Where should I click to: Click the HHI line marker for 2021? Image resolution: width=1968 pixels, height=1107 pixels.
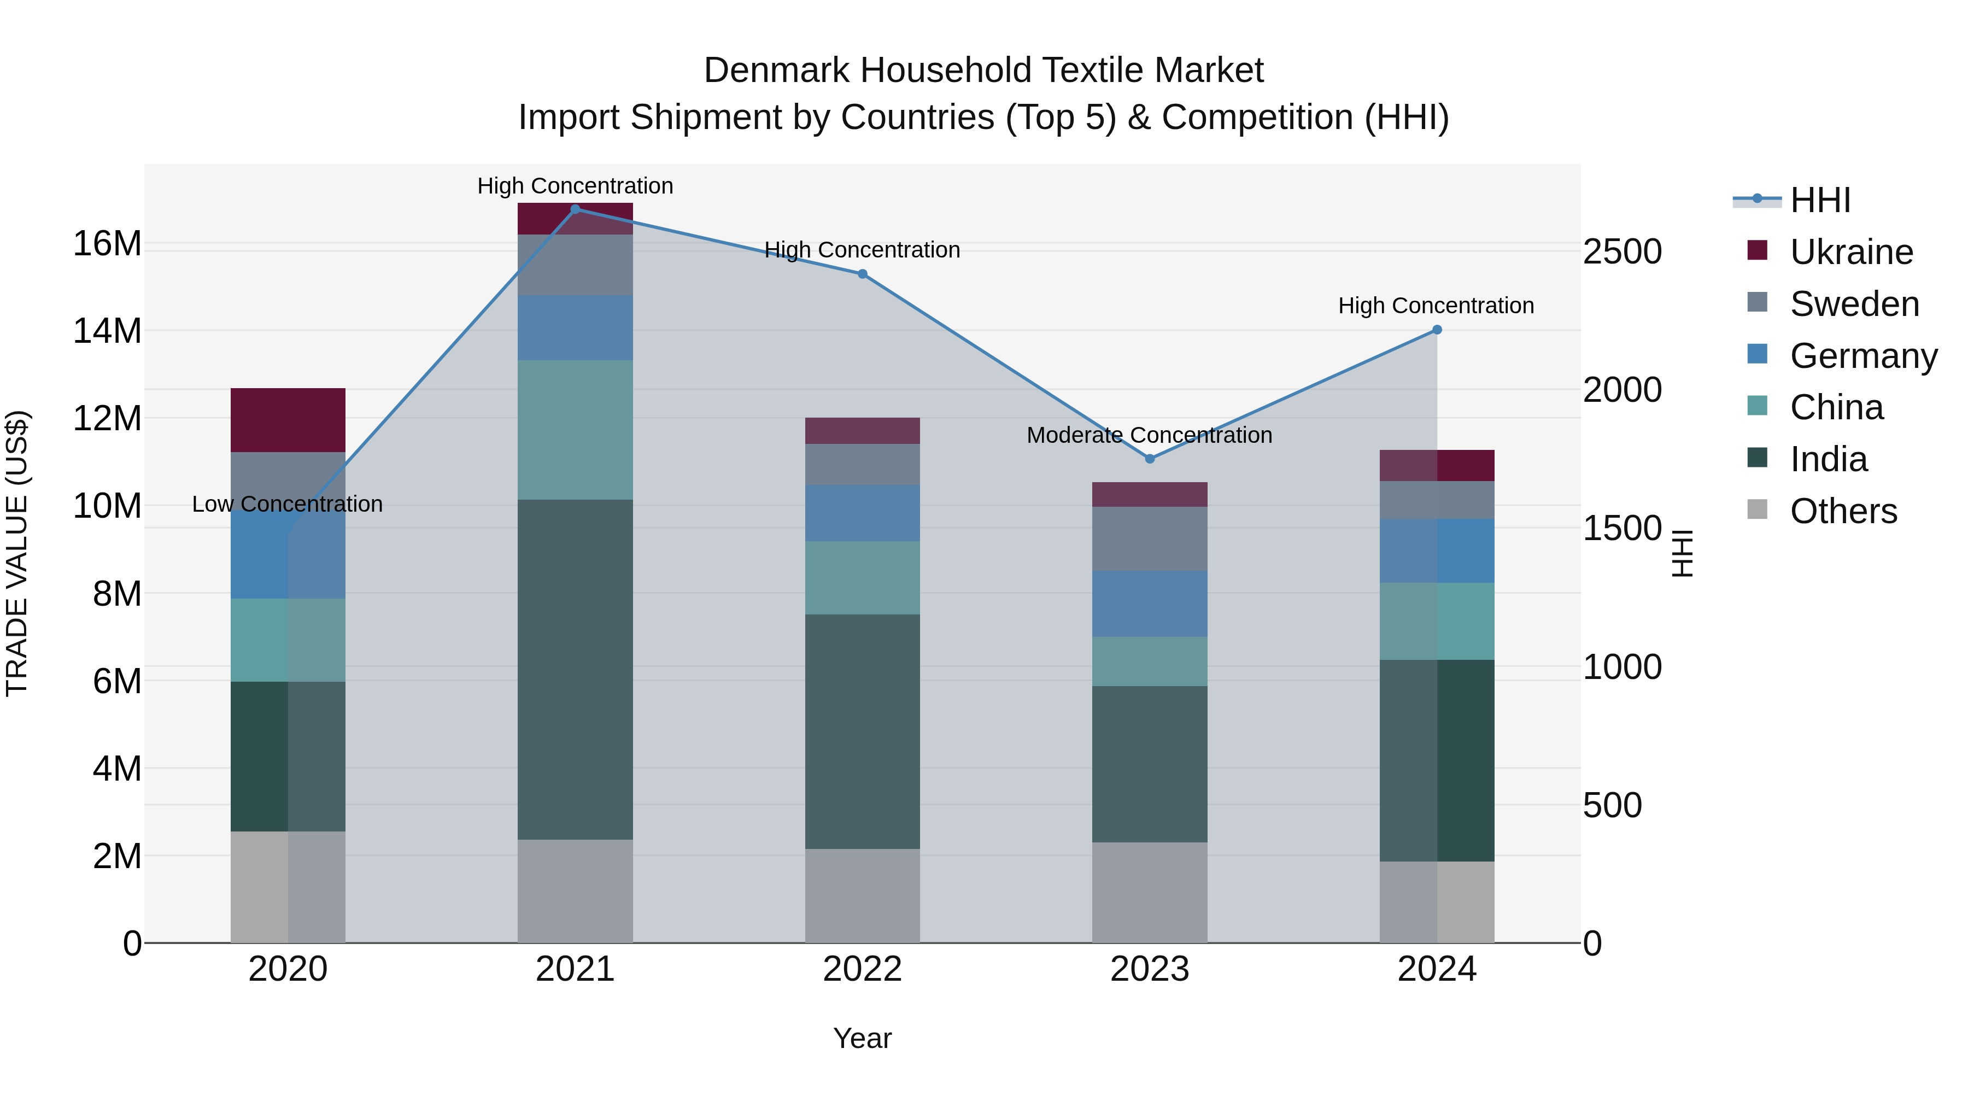click(x=575, y=209)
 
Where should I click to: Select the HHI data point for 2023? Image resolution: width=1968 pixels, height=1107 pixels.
click(x=1150, y=459)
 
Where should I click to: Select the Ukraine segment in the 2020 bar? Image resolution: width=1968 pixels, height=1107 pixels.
click(x=288, y=420)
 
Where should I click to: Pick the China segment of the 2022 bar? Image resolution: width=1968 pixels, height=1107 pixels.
click(x=863, y=578)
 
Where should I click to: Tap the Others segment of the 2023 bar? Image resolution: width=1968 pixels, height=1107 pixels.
click(x=1150, y=892)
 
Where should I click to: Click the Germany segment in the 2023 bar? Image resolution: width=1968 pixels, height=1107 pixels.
click(x=1150, y=604)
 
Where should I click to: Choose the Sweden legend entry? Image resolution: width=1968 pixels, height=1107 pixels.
click(x=1854, y=304)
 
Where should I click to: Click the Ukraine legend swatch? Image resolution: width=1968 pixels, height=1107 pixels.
click(x=1757, y=250)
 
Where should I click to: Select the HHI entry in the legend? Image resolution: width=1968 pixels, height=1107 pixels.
click(x=1820, y=200)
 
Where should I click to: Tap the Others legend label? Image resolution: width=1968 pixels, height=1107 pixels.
click(x=1843, y=511)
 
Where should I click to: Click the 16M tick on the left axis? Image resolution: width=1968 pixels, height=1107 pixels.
click(x=107, y=244)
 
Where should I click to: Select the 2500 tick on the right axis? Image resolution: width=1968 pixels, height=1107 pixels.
click(x=1622, y=251)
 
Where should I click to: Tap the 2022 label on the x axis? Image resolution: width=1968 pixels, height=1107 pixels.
click(x=863, y=969)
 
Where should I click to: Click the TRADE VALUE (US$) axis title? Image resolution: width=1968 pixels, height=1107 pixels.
click(x=17, y=553)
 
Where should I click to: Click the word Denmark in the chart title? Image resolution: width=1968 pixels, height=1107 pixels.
click(x=776, y=71)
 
